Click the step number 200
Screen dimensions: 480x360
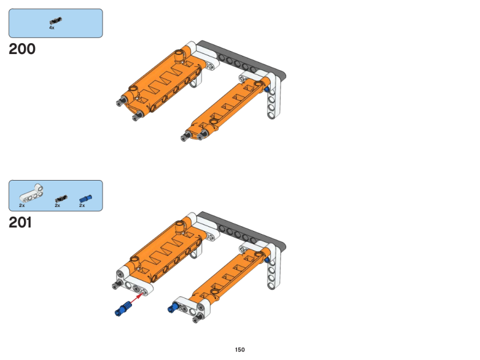point(22,49)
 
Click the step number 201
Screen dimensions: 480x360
point(20,223)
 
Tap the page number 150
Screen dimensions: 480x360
point(239,350)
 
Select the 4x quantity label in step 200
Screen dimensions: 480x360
point(52,28)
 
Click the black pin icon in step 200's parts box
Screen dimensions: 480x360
point(55,21)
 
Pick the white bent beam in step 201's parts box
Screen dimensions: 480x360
point(31,194)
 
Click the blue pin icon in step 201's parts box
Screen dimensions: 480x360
point(85,199)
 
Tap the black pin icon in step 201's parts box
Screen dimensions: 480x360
point(61,199)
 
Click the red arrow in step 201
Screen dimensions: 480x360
point(137,299)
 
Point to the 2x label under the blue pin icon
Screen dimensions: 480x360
point(82,205)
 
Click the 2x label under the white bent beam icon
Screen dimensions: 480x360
point(22,205)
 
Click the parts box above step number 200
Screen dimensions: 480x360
point(56,23)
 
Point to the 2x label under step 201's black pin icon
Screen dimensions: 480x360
point(58,205)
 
